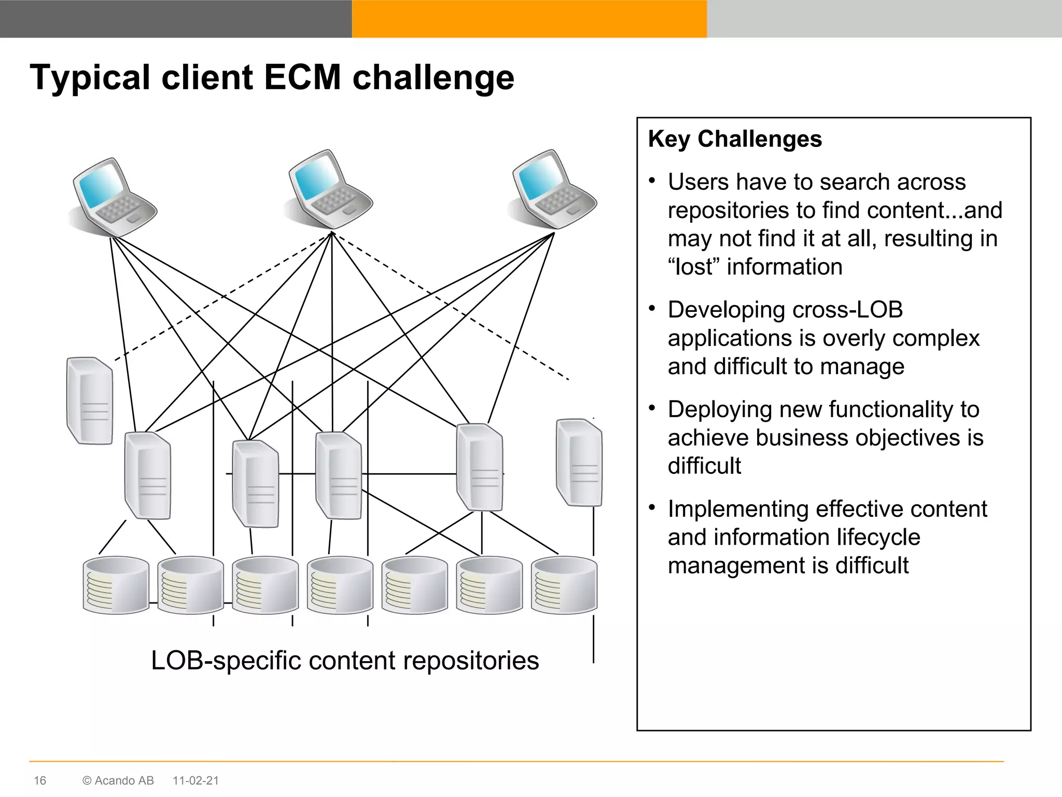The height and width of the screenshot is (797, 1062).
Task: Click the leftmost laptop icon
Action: (x=114, y=196)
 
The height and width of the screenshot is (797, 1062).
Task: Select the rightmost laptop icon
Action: (x=554, y=189)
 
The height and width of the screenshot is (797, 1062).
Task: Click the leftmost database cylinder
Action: (x=116, y=585)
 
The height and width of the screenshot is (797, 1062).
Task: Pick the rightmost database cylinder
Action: (x=564, y=585)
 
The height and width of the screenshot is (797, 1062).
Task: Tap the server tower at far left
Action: (x=90, y=401)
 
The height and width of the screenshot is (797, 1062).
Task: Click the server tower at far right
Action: (x=579, y=462)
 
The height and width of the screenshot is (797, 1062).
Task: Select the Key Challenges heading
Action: (x=735, y=139)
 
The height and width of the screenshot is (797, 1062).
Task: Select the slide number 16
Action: (x=40, y=780)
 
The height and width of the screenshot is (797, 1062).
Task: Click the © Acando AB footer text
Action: (x=118, y=780)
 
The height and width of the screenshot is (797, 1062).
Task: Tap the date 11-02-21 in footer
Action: (x=195, y=780)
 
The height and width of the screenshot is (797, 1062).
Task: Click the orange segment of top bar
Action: (x=529, y=19)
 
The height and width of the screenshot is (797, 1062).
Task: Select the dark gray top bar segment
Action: (x=176, y=19)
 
